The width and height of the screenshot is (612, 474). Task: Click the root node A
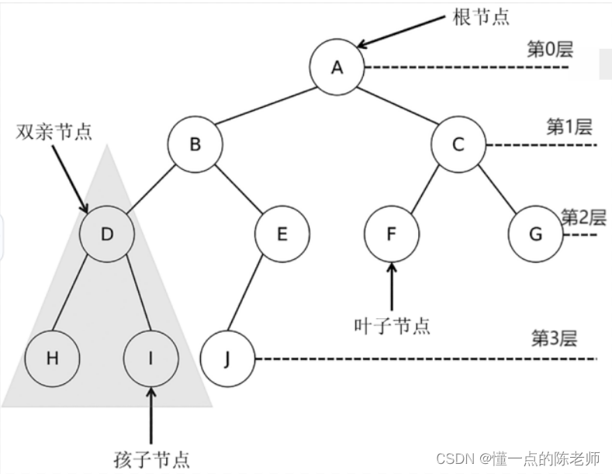(337, 67)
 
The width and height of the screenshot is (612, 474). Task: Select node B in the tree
(195, 144)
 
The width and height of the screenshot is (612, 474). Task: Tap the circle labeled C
(458, 144)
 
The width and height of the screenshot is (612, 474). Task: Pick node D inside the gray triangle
(108, 233)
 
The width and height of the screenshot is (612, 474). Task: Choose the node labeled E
(282, 233)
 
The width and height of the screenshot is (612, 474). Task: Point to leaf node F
(392, 233)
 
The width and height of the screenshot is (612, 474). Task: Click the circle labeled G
(535, 233)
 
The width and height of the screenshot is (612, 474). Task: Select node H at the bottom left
(52, 358)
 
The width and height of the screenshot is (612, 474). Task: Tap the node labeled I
(150, 358)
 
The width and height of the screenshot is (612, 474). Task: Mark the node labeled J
(226, 358)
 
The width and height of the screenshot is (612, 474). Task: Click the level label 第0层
(549, 50)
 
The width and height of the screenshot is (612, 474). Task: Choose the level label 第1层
(569, 126)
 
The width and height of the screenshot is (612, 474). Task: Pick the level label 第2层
(583, 216)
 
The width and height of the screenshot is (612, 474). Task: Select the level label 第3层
(553, 338)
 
